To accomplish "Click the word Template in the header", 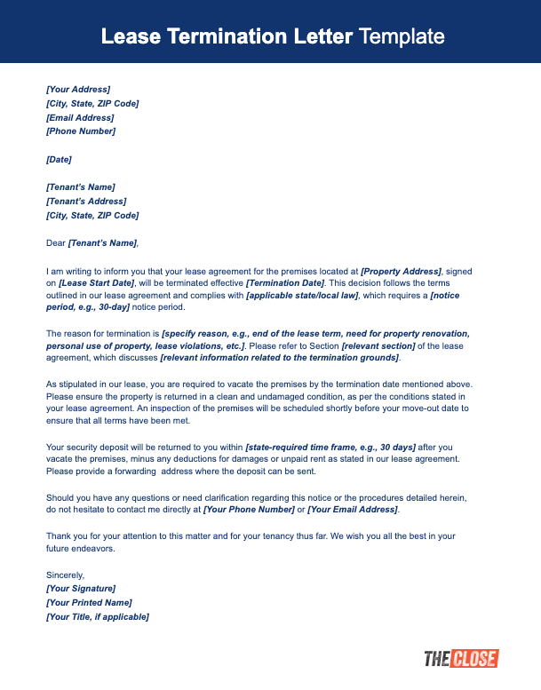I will click(x=402, y=36).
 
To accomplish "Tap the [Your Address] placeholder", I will click(x=78, y=90).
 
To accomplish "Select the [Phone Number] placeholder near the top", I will click(x=80, y=131).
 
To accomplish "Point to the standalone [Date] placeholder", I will click(x=59, y=159).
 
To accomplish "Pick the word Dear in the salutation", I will click(x=55, y=242).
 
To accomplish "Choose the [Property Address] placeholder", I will click(x=402, y=270).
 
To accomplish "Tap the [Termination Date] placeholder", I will click(x=285, y=282).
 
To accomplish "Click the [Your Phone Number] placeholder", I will click(x=249, y=511).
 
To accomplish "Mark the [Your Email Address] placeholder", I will click(x=353, y=511).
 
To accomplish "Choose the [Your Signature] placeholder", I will click(x=80, y=589).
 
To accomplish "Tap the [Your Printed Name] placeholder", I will click(x=88, y=603).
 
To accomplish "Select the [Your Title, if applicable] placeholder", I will click(x=97, y=616).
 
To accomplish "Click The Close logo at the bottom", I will click(x=461, y=659).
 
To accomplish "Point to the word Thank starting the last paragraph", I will click(x=57, y=535).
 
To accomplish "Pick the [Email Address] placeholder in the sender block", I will click(x=80, y=117).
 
